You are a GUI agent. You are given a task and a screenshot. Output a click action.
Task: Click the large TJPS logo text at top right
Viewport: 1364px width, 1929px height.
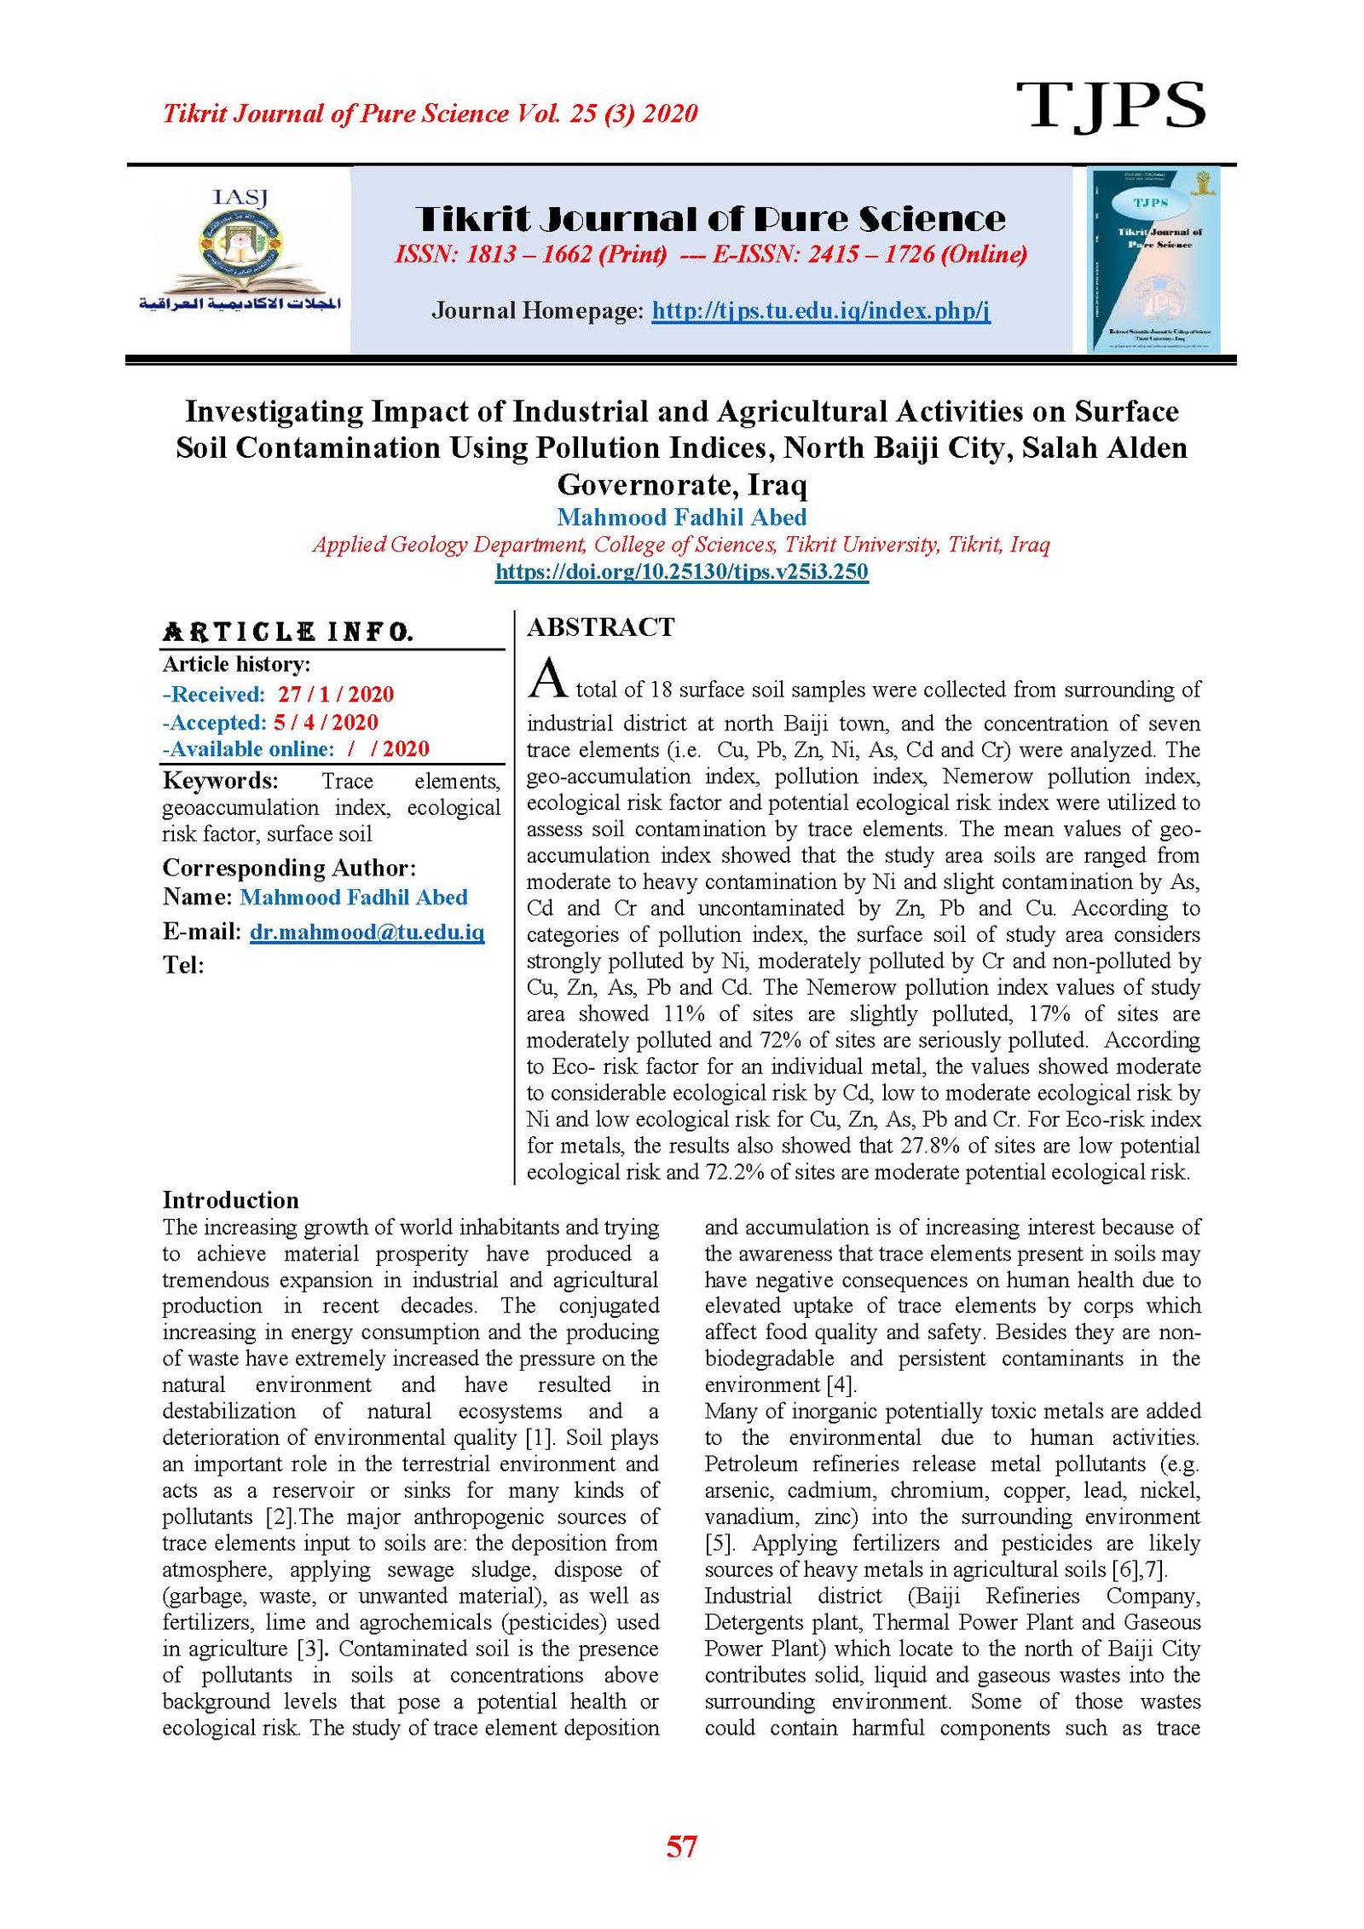pyautogui.click(x=1110, y=106)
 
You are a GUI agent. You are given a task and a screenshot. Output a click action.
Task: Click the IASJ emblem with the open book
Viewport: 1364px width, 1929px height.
pyautogui.click(x=240, y=251)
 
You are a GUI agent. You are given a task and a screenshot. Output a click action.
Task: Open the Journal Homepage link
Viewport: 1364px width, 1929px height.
pyautogui.click(x=820, y=310)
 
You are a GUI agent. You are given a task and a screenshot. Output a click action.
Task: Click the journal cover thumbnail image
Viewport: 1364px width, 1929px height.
pyautogui.click(x=1154, y=259)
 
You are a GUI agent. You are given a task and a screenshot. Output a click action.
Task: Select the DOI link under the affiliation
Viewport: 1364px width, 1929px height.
pyautogui.click(x=681, y=571)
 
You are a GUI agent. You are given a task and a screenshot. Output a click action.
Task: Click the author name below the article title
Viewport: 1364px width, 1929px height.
pyautogui.click(x=681, y=517)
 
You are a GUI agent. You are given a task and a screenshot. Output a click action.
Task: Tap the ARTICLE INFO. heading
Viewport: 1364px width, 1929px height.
pyautogui.click(x=287, y=632)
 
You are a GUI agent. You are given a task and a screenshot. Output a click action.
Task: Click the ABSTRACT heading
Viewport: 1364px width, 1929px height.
pyautogui.click(x=600, y=627)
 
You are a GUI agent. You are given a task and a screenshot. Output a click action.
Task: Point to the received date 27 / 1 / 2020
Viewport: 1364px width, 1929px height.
pyautogui.click(x=335, y=694)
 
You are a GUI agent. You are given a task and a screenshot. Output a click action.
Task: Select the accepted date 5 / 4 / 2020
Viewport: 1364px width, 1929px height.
pyautogui.click(x=325, y=722)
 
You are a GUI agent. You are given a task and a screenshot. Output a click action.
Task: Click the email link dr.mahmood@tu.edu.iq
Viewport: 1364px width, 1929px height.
pyautogui.click(x=367, y=932)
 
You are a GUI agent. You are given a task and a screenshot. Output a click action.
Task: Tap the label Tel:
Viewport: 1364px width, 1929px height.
pyautogui.click(x=183, y=965)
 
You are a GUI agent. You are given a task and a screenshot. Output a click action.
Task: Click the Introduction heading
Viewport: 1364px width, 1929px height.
pyautogui.click(x=230, y=1200)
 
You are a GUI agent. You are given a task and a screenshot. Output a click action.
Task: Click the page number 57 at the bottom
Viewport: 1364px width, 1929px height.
pyautogui.click(x=681, y=1846)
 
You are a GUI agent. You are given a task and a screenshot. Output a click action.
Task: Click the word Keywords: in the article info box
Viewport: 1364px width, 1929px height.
pyautogui.click(x=220, y=781)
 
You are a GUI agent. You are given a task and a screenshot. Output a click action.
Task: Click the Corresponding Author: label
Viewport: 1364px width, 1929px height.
pyautogui.click(x=289, y=868)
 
